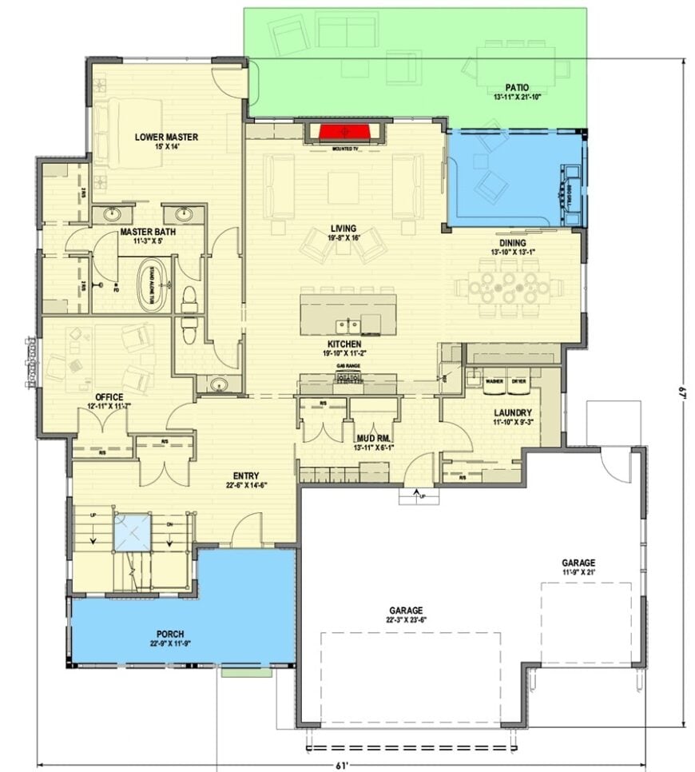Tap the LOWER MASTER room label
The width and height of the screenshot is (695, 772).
(166, 137)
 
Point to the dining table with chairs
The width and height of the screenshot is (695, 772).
(509, 287)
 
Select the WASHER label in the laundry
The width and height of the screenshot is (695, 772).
(494, 381)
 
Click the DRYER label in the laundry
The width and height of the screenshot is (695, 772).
(519, 381)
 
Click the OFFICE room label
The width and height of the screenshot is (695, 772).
(109, 396)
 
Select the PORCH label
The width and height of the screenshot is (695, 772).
(170, 634)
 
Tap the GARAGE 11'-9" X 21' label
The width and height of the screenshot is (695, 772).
(578, 563)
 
